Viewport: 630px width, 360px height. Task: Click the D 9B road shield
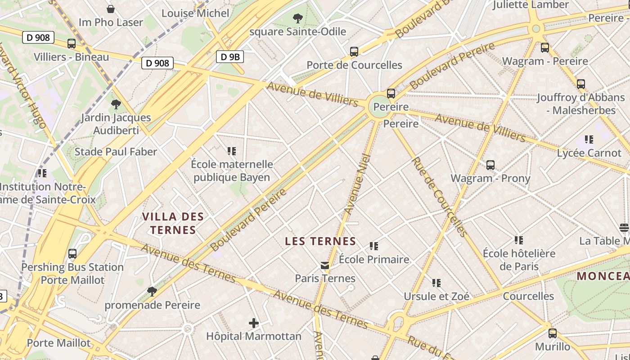click(230, 57)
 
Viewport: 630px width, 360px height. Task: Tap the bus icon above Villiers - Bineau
click(72, 44)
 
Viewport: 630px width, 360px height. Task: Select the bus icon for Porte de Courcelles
click(354, 52)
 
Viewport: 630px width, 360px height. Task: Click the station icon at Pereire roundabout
click(391, 94)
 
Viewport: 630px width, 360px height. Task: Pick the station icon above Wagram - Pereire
click(545, 48)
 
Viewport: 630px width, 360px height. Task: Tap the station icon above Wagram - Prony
click(490, 165)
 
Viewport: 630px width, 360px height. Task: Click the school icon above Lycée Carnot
click(589, 139)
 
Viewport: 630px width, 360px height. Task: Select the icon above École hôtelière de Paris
click(519, 240)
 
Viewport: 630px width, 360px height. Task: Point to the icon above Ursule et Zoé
click(436, 283)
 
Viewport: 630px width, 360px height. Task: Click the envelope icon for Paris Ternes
click(325, 265)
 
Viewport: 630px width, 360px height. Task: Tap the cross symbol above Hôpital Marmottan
click(254, 323)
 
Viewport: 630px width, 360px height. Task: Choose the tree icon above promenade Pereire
click(152, 292)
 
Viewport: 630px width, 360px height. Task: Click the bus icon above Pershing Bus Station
click(72, 254)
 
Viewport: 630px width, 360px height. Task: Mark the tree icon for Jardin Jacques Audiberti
click(116, 104)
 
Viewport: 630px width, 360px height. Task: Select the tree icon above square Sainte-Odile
click(297, 18)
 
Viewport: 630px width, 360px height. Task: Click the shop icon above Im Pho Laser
click(111, 9)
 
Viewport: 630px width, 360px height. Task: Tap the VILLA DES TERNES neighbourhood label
click(173, 223)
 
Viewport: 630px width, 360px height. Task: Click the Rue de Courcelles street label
click(439, 197)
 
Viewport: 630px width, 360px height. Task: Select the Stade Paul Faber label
click(116, 152)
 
